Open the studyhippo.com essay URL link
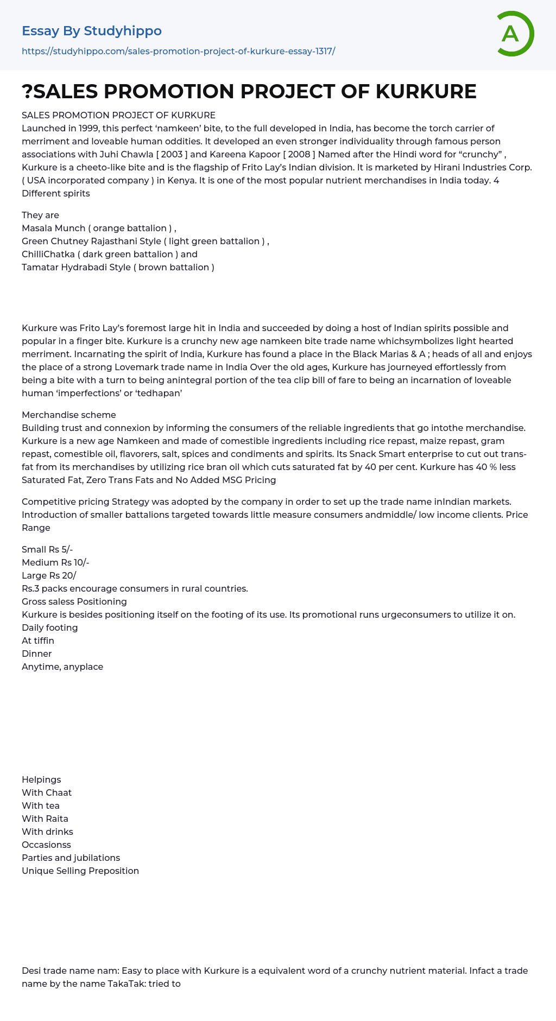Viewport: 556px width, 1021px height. click(x=178, y=51)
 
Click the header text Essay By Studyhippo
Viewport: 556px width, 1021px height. click(x=92, y=31)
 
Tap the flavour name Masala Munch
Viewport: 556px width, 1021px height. click(x=53, y=228)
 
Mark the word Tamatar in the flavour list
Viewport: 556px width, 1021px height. click(x=39, y=267)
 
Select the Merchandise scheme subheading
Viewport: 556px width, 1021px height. click(x=68, y=415)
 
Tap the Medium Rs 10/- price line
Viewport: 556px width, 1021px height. click(x=55, y=562)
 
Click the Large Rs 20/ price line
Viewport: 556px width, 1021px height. click(x=49, y=575)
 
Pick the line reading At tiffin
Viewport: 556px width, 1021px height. click(x=38, y=640)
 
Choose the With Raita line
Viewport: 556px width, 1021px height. click(x=45, y=819)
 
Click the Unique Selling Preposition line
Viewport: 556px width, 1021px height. click(x=80, y=871)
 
